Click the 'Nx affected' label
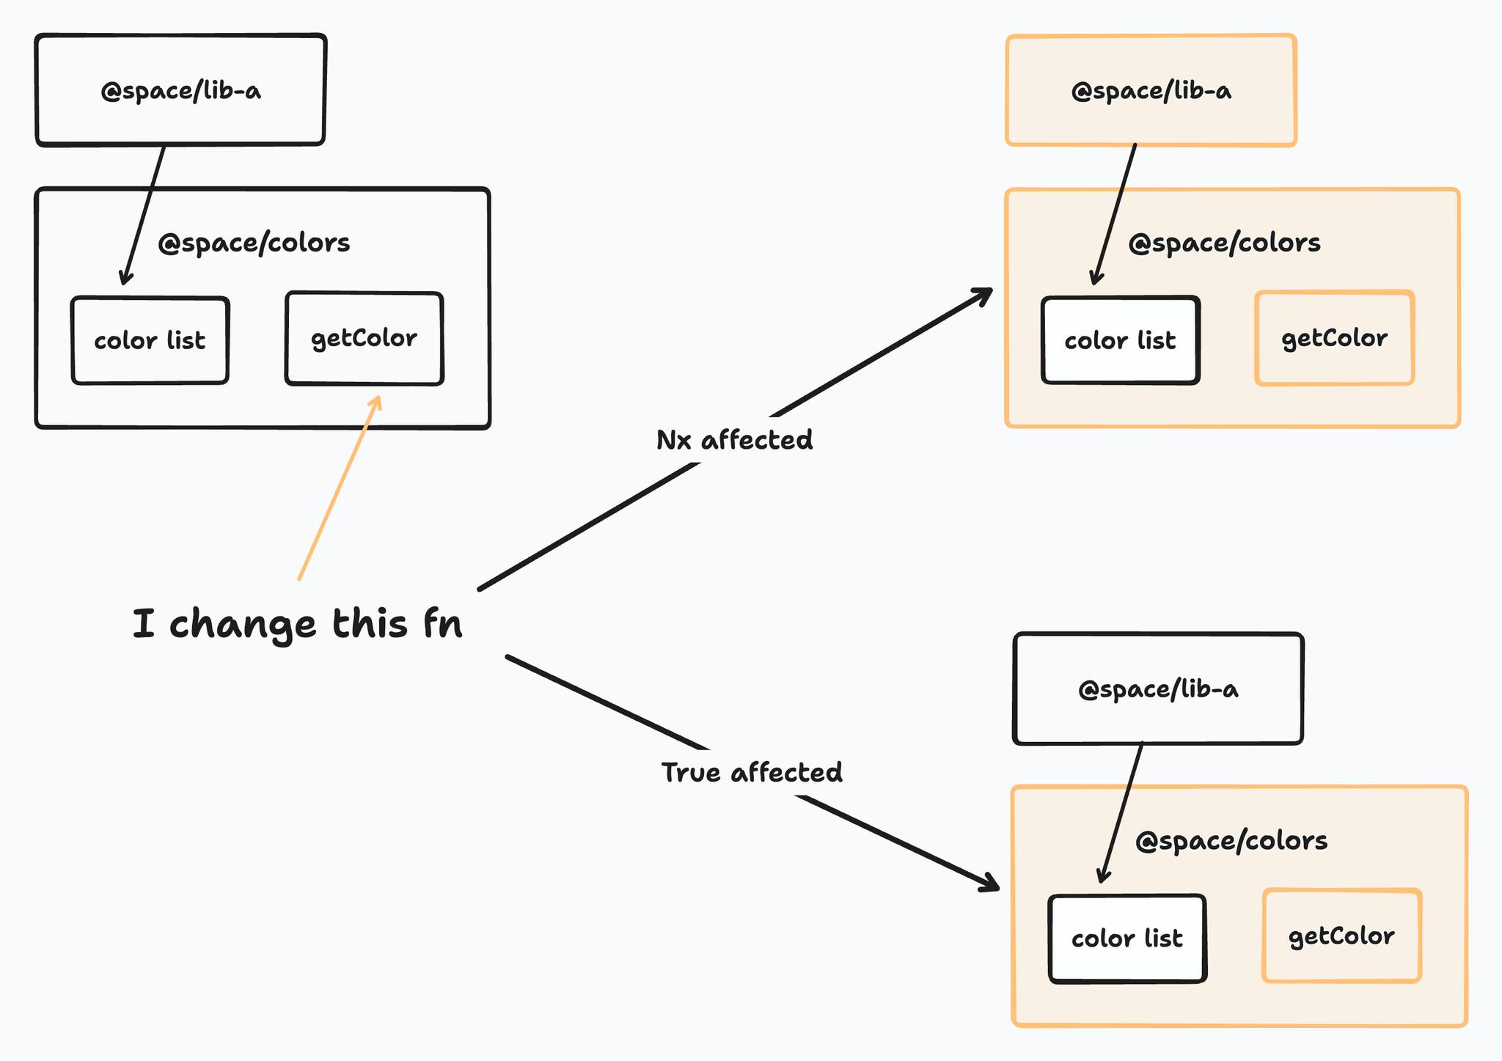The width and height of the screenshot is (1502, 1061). point(734,440)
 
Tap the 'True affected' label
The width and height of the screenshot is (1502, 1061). point(752,772)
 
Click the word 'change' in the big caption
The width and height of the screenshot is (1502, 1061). point(242,625)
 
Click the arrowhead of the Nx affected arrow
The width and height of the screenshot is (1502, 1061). point(985,293)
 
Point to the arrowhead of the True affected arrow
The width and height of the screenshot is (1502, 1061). point(992,886)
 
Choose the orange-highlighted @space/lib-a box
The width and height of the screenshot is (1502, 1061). point(1151,90)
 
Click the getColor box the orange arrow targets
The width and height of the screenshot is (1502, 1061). point(364,338)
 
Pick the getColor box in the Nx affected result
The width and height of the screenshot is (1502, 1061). point(1334,338)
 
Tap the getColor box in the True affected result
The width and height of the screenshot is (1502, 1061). point(1341,936)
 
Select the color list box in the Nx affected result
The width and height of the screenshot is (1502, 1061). point(1120,340)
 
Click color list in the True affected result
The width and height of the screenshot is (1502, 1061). point(1127,939)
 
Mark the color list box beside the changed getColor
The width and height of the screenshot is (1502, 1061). point(150,340)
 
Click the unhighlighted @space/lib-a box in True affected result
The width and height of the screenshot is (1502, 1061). point(1157,689)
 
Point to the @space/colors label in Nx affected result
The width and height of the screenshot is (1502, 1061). point(1224,243)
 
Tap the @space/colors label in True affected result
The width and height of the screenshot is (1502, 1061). point(1231,840)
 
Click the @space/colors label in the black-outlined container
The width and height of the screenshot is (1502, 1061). point(254,243)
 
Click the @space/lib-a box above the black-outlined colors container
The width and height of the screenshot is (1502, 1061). point(180,90)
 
